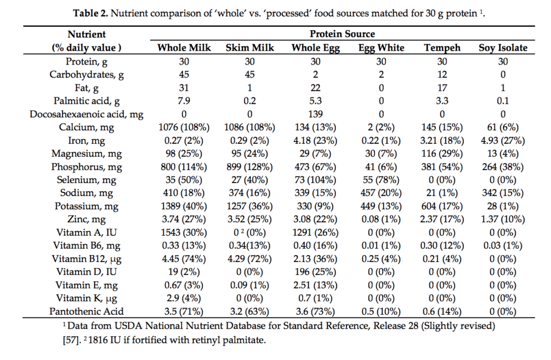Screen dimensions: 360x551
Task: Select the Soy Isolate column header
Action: [503, 48]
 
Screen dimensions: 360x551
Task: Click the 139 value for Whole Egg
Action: [315, 114]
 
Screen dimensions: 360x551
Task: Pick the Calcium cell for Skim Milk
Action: [250, 127]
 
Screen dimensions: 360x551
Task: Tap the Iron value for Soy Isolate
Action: [503, 140]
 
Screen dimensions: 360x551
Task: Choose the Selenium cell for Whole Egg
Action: [315, 180]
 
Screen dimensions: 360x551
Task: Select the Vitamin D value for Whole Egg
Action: [315, 271]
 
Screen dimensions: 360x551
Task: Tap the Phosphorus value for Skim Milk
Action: [250, 166]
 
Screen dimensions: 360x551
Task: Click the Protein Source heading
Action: [344, 34]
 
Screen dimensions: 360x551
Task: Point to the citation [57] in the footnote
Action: [73, 340]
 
